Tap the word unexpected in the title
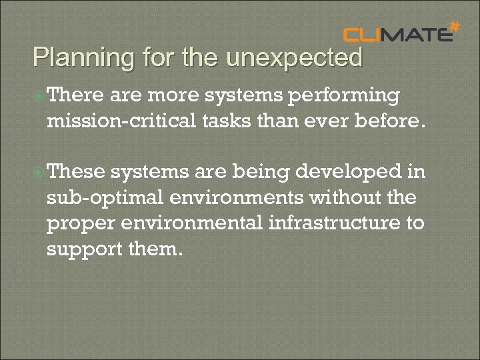pos(294,58)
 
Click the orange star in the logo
pos(455,27)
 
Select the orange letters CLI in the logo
pos(365,35)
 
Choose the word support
pos(79,249)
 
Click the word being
pos(253,173)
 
